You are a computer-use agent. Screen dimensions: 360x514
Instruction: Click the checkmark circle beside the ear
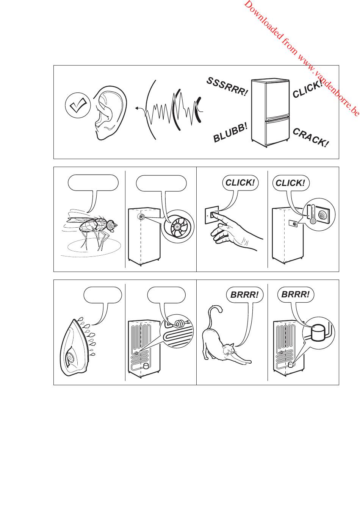[x=78, y=105]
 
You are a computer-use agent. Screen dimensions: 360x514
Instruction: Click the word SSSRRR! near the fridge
[x=227, y=87]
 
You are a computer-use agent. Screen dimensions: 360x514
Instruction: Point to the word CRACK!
[x=310, y=137]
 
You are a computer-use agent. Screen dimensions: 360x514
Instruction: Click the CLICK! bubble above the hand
[x=240, y=183]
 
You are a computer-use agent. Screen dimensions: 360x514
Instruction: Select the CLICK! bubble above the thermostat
[x=291, y=183]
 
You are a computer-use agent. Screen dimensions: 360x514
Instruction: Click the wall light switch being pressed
[x=211, y=215]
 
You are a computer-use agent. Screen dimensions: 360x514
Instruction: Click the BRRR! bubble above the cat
[x=244, y=295]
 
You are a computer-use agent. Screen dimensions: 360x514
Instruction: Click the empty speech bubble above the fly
[x=93, y=183]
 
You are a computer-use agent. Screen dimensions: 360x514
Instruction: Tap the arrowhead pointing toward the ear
[x=137, y=108]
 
